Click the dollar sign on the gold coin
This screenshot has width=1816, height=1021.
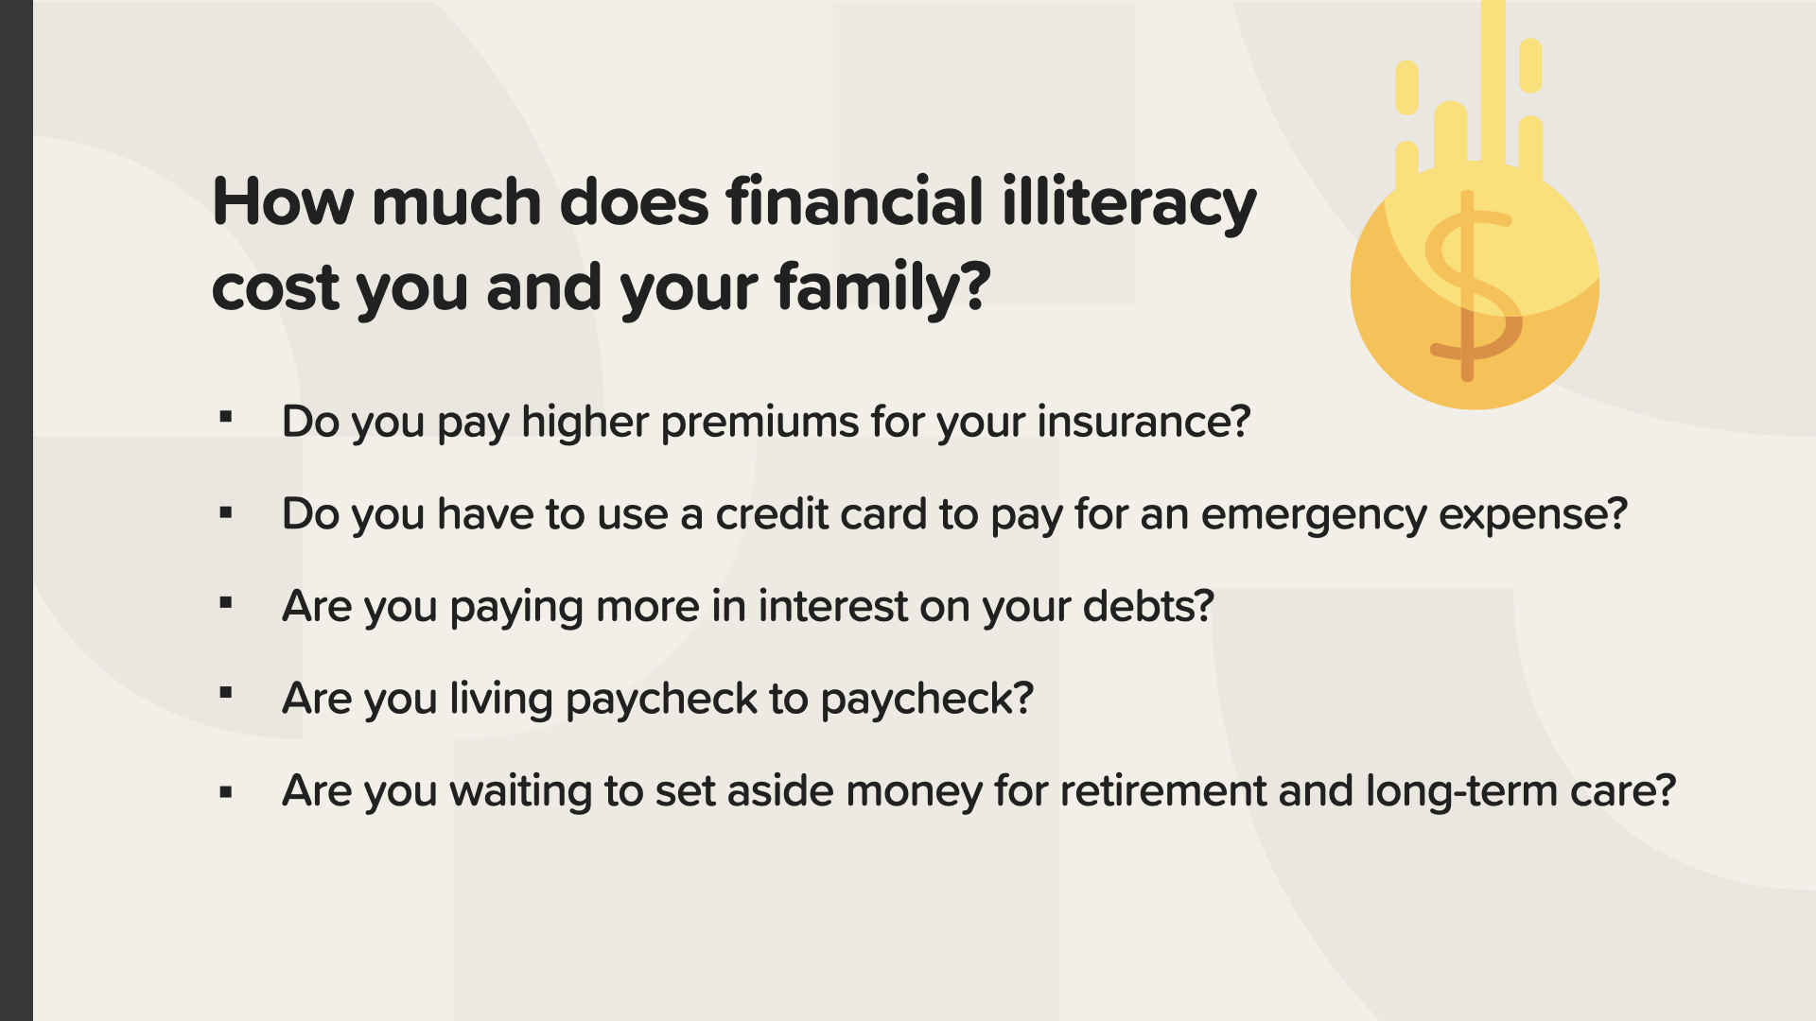(1471, 286)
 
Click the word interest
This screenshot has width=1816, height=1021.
(832, 607)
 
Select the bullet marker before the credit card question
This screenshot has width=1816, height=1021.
(225, 513)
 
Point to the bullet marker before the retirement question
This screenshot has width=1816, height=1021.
(225, 792)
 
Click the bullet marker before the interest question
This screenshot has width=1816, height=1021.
(225, 602)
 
